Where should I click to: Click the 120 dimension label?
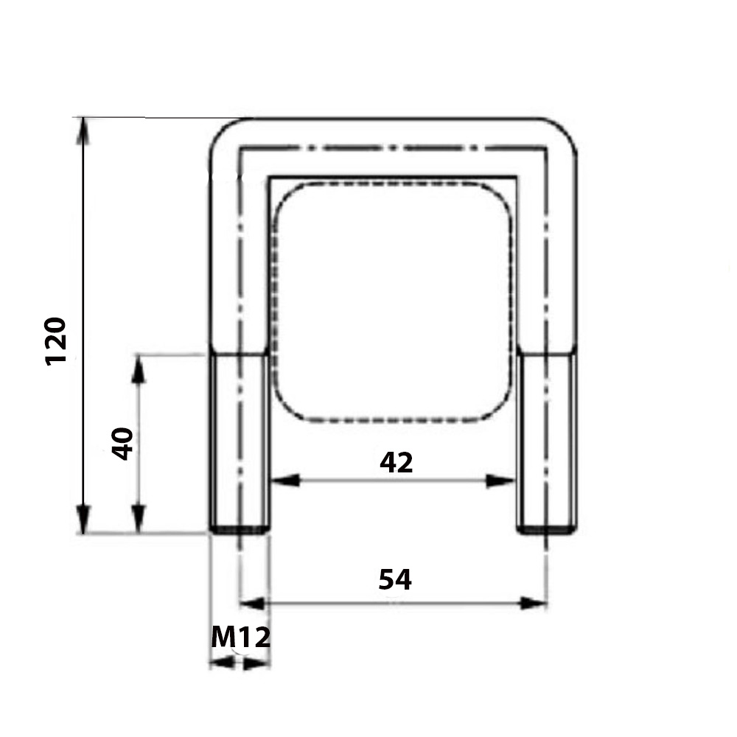point(55,342)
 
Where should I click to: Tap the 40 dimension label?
point(122,444)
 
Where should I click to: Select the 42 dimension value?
point(397,463)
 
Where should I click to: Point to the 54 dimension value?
point(395,579)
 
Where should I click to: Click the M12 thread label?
point(241,638)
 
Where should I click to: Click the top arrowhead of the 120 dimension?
point(83,131)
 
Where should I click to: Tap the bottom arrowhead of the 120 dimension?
point(83,520)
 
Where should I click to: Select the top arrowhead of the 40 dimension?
point(138,368)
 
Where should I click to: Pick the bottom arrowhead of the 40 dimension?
point(138,520)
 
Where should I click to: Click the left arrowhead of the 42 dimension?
point(286,481)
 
